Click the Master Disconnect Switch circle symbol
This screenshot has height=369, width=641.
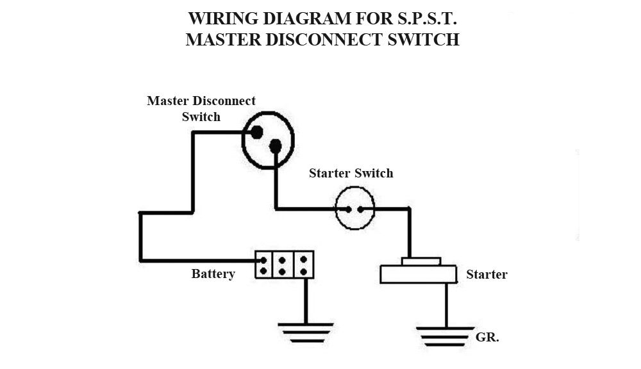tap(268, 140)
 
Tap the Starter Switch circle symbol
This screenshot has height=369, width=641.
tap(354, 208)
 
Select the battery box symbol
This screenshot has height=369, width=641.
tap(285, 265)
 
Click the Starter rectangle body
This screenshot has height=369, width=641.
tap(418, 274)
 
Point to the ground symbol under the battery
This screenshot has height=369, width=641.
tap(306, 332)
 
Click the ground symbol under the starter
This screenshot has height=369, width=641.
tap(445, 336)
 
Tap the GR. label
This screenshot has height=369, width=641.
tap(487, 337)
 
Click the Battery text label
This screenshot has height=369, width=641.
tap(213, 274)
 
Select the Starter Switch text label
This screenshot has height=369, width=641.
tap(351, 173)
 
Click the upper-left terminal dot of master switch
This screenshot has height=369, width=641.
tap(256, 133)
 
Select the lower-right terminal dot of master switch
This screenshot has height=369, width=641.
tap(276, 147)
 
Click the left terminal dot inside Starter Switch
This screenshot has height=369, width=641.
tap(347, 209)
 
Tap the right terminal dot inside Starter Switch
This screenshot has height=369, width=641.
tap(362, 209)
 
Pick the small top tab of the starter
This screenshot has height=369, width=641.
tap(420, 261)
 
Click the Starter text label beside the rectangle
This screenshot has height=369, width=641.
tap(487, 274)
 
